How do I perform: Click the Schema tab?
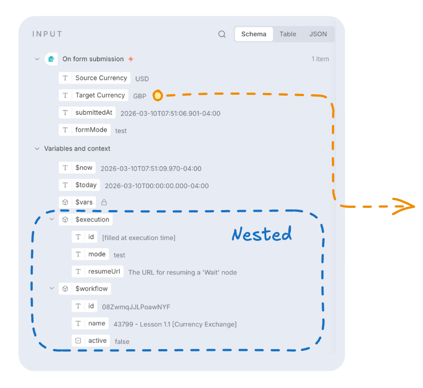click(x=254, y=34)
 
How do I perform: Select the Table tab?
click(x=288, y=34)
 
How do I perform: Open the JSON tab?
click(x=318, y=34)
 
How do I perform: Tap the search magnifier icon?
click(x=222, y=34)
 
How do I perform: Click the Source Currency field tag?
click(x=95, y=78)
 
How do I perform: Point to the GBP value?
click(x=140, y=96)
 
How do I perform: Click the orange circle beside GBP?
click(x=158, y=96)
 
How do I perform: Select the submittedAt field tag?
click(x=87, y=113)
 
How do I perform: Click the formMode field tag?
click(x=85, y=130)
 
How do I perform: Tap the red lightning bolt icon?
click(x=131, y=59)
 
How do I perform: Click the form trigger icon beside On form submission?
click(x=51, y=59)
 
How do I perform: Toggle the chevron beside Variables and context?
click(x=37, y=149)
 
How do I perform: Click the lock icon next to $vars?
click(x=104, y=202)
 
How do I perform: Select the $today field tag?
click(x=80, y=185)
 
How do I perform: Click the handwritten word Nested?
click(x=262, y=234)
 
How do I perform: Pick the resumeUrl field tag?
click(x=98, y=271)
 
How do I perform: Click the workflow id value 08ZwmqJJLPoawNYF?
click(x=136, y=307)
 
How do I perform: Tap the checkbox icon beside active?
click(x=78, y=341)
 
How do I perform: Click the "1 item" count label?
click(x=320, y=59)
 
